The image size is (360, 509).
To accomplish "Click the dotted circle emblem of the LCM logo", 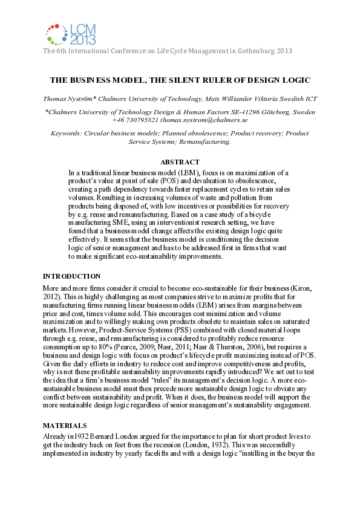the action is pyautogui.click(x=56, y=34).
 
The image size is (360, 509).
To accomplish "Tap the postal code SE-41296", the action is pyautogui.click(x=222, y=112).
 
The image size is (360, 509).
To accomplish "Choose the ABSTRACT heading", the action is pyautogui.click(x=180, y=162).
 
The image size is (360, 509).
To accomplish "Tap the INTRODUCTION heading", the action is pyautogui.click(x=71, y=276).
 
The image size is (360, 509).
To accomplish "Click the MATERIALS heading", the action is pyautogui.click(x=63, y=425).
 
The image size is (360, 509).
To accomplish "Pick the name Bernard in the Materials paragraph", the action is pyautogui.click(x=99, y=436).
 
